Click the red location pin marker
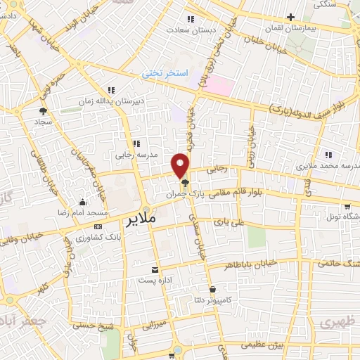pos(181,164)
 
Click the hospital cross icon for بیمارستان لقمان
pos(290,17)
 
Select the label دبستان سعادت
pos(189,30)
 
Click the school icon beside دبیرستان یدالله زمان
pos(111,90)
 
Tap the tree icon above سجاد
pos(44,110)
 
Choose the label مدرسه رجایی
pos(138,155)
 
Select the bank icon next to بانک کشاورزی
pos(97,226)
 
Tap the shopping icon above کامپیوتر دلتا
pos(212,289)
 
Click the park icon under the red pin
pos(184,182)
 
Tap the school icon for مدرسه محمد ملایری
pos(328,155)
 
